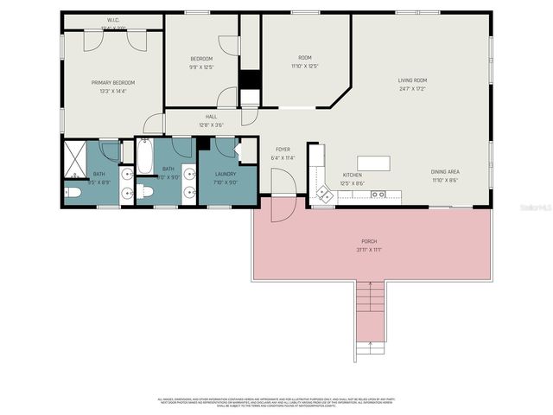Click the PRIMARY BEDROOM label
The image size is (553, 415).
pos(114,82)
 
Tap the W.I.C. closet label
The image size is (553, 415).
pos(113,19)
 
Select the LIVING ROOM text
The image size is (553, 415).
pos(412,80)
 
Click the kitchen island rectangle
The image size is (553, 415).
pos(373,163)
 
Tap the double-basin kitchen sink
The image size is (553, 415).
pos(378,195)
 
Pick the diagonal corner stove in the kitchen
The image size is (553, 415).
pos(325,194)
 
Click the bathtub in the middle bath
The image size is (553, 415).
pos(144,156)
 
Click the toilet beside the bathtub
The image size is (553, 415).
pos(145,192)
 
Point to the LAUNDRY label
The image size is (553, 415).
pos(225,174)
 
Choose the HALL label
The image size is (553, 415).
pos(211,117)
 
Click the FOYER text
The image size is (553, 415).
pos(283,150)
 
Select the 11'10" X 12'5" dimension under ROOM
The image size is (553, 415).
pos(305,67)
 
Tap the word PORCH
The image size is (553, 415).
pos(370,241)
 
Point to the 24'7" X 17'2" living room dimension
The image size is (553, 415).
pos(412,88)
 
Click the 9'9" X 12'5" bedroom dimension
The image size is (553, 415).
pos(200,67)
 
